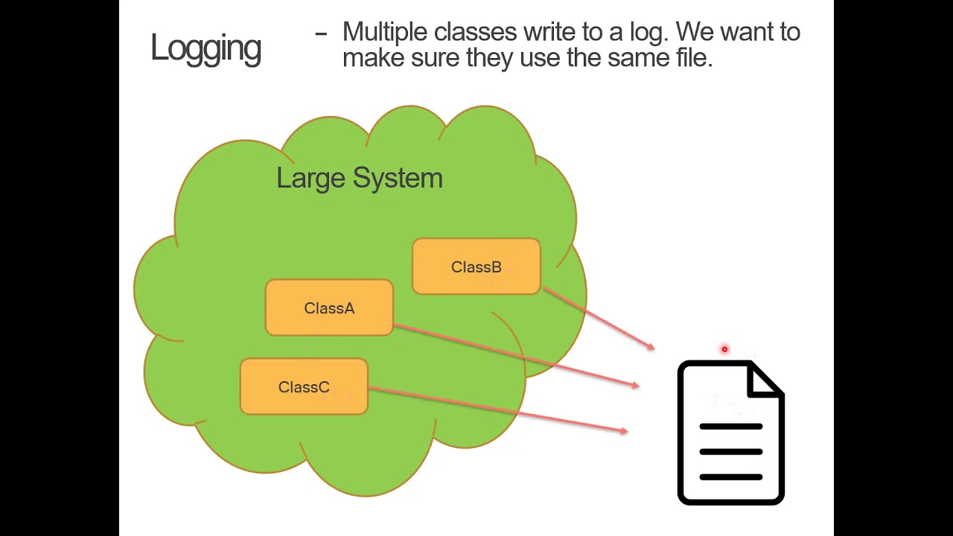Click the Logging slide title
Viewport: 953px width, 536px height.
point(206,49)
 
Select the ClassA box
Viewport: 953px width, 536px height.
point(329,307)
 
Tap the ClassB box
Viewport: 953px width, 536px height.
point(476,267)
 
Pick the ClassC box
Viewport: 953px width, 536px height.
point(304,386)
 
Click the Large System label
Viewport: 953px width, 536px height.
point(360,178)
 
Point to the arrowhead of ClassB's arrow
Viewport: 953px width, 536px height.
point(652,348)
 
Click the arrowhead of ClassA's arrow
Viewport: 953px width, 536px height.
point(637,385)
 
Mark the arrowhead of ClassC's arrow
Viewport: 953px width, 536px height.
point(625,431)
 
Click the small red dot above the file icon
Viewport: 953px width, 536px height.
point(724,349)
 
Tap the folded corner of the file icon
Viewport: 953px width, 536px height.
point(765,380)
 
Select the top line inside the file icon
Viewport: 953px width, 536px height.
point(731,427)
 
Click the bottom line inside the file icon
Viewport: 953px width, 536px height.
point(731,477)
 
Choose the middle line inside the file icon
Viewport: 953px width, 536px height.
point(731,451)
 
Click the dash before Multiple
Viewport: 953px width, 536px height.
point(321,33)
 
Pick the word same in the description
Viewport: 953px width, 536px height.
point(638,58)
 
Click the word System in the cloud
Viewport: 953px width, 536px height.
point(398,179)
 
